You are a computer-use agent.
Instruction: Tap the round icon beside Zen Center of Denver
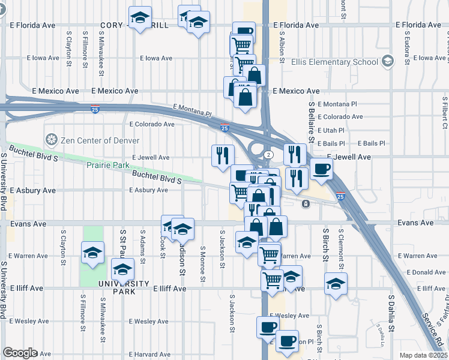click(x=52, y=140)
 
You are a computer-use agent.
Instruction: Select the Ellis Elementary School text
click(x=334, y=62)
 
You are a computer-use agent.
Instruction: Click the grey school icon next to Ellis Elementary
click(x=388, y=61)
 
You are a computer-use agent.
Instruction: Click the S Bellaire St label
click(x=312, y=121)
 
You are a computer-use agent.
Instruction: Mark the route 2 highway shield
click(x=271, y=155)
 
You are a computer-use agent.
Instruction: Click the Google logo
click(x=20, y=353)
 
